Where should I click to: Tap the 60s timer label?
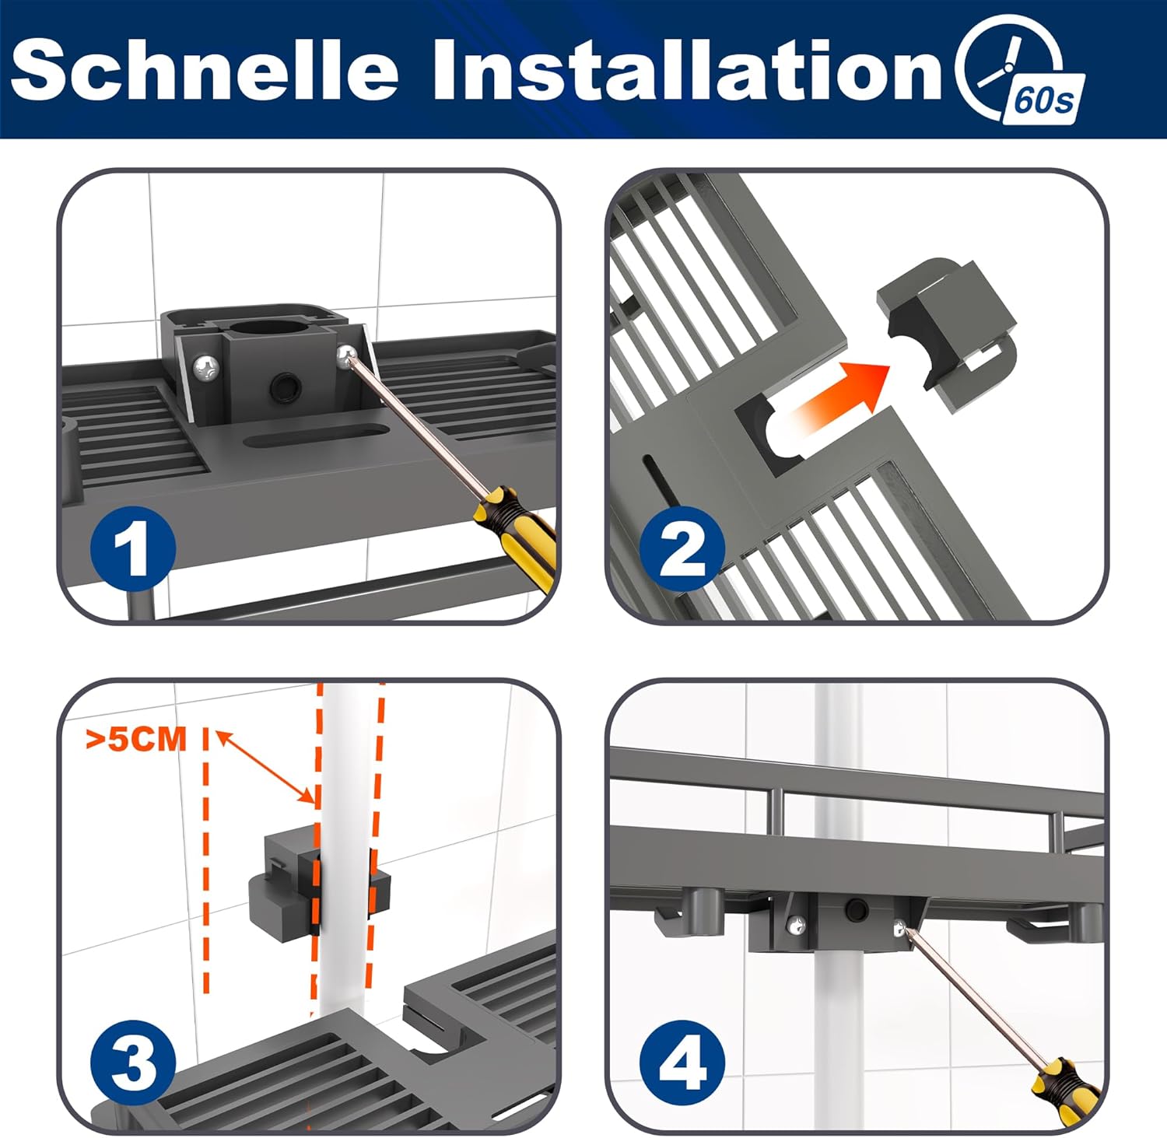tap(1043, 101)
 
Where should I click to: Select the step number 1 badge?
tap(133, 548)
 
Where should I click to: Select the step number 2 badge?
tap(682, 548)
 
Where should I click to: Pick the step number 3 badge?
tap(133, 1063)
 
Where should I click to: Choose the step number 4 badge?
tap(682, 1063)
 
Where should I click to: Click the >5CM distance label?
tap(136, 739)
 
